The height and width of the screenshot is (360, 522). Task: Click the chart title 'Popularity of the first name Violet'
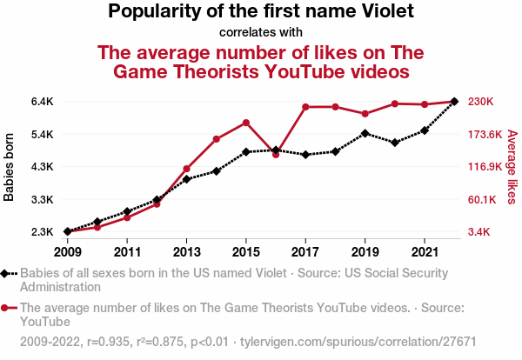261,12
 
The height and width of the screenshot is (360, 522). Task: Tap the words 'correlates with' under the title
261,33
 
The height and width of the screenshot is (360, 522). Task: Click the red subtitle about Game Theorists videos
261,61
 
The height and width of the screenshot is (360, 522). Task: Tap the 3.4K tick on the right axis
481,232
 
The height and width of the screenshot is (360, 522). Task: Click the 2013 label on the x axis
186,252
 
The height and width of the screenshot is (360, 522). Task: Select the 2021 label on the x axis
424,252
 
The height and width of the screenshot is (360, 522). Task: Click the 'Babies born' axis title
10,167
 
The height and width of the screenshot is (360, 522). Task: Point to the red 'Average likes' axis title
512,167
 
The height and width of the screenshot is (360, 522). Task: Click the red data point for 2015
246,123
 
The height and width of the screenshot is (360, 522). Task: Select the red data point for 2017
305,107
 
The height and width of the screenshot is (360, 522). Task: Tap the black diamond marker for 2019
365,133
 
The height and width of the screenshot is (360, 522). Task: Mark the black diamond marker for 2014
217,171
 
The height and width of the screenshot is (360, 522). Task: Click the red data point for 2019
365,114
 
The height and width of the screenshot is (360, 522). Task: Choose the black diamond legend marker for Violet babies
7,273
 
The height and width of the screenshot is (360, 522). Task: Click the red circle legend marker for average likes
7,307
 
